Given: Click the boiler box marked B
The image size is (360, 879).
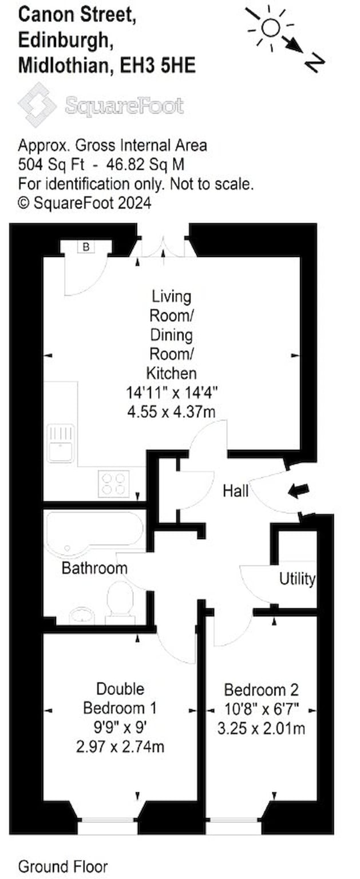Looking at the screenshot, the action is [86, 247].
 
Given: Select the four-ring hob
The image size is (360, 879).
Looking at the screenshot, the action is [114, 484].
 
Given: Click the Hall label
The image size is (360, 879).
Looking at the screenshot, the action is [236, 491].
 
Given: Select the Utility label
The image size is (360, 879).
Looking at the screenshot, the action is [297, 579].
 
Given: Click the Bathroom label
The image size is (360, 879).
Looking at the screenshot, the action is [94, 568].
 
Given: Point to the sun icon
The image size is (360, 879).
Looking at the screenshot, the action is [271, 28].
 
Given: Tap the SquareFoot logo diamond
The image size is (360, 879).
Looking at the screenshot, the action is [37, 105].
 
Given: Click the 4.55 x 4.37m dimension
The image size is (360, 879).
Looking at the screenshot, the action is [172, 411].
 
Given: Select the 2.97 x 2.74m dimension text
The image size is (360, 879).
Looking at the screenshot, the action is [120, 746].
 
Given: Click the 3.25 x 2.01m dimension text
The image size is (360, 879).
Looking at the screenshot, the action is [261, 728].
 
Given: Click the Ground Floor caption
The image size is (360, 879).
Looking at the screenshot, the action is [63, 866].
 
